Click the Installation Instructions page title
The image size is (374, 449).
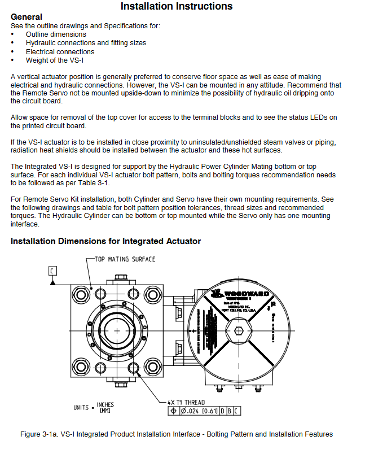[x=177, y=7]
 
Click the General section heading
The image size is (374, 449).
[x=27, y=17]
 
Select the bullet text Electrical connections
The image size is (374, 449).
[x=60, y=51]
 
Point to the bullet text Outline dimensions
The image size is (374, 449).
[x=56, y=34]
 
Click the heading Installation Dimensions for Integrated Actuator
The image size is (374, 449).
[x=105, y=241]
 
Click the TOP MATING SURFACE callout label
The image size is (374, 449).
[x=125, y=259]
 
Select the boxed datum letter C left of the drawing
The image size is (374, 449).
[x=52, y=271]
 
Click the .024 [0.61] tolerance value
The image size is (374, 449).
[x=200, y=411]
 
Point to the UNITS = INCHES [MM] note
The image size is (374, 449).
[x=94, y=407]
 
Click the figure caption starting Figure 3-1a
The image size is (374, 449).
[x=177, y=434]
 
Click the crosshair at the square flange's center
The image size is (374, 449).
[x=117, y=330]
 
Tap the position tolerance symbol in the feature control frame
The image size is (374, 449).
[x=174, y=411]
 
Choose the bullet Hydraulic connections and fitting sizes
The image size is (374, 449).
[x=86, y=43]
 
